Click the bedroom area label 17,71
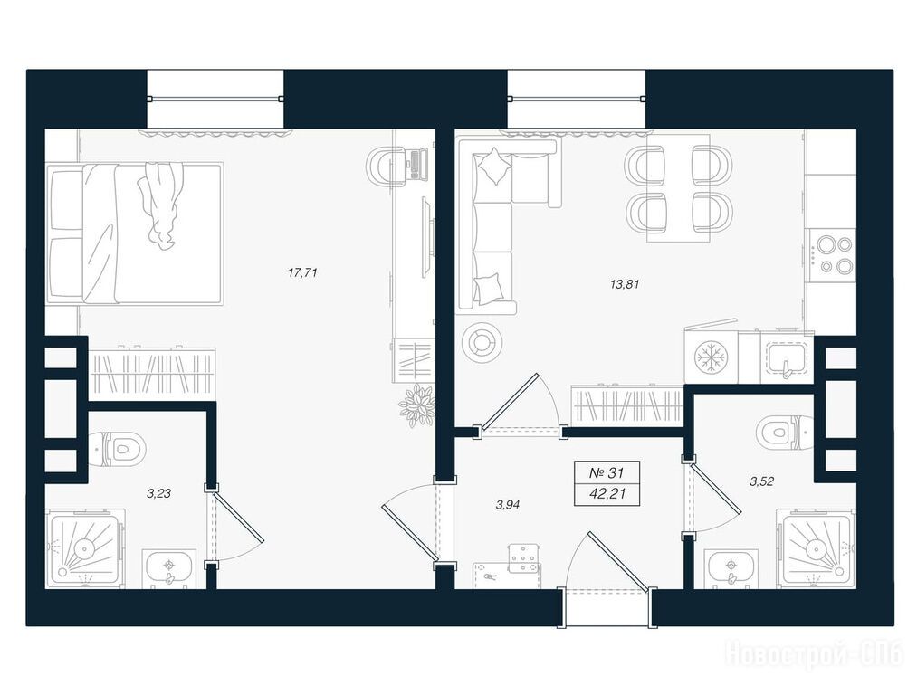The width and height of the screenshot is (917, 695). pyautogui.click(x=303, y=272)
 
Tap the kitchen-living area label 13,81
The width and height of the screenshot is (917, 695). pyautogui.click(x=625, y=285)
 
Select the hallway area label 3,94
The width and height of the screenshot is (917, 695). pyautogui.click(x=508, y=505)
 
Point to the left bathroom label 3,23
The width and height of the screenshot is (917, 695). pyautogui.click(x=158, y=493)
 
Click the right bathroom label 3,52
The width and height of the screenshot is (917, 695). pyautogui.click(x=762, y=481)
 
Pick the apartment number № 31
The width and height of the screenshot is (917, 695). pyautogui.click(x=607, y=472)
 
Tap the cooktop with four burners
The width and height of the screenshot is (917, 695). pyautogui.click(x=831, y=254)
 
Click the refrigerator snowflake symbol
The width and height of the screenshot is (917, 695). pyautogui.click(x=711, y=357)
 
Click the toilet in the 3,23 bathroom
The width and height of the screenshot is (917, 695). pyautogui.click(x=118, y=449)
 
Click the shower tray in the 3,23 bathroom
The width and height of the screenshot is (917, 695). pyautogui.click(x=85, y=549)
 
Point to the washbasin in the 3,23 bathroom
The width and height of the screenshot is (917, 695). pyautogui.click(x=169, y=568)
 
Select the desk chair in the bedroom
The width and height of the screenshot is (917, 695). pyautogui.click(x=386, y=166)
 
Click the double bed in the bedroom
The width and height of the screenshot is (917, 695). pyautogui.click(x=135, y=233)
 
